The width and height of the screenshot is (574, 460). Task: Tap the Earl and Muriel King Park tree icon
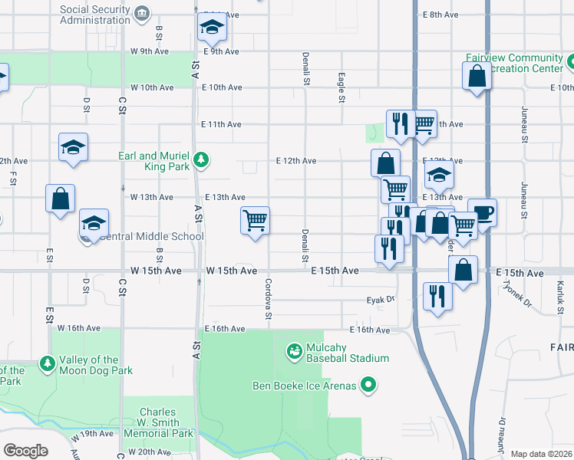click(201, 159)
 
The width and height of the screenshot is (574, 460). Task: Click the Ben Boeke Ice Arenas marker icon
click(369, 385)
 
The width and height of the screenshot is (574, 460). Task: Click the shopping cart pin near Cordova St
click(255, 221)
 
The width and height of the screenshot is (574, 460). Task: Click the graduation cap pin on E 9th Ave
click(212, 29)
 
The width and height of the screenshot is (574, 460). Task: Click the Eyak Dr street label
click(379, 300)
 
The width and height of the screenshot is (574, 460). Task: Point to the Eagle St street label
click(341, 87)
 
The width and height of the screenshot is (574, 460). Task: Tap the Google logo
click(26, 451)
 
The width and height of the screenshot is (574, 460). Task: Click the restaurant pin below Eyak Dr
click(437, 296)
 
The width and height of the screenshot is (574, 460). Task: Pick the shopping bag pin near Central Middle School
click(60, 199)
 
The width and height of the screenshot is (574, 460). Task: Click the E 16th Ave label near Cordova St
click(224, 329)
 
